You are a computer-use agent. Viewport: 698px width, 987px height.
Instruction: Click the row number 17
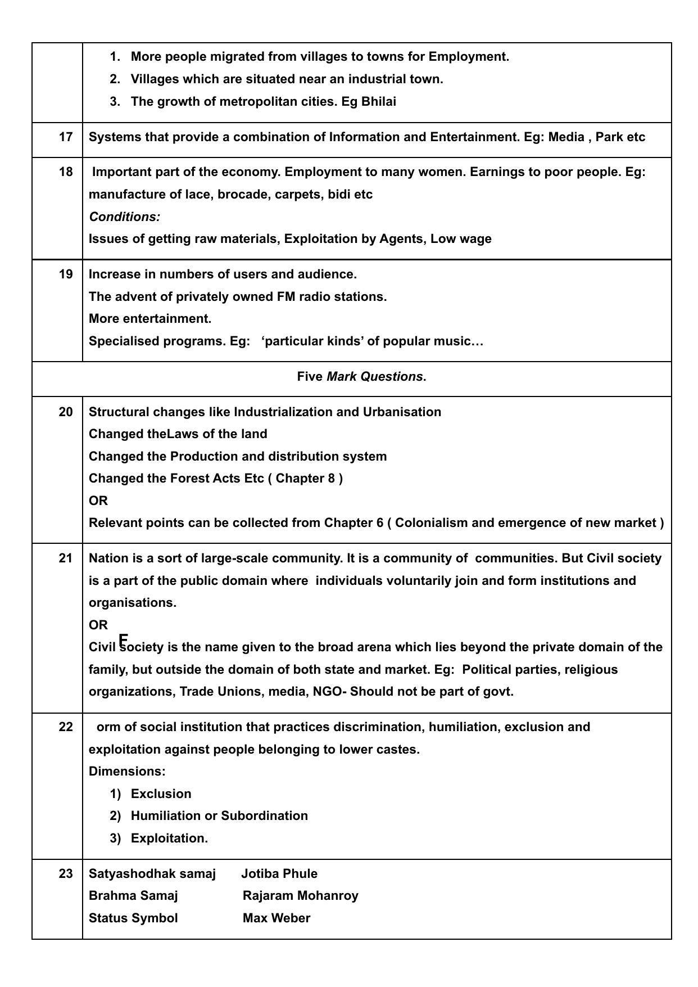point(66,137)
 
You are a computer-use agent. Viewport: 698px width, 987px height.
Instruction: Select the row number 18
point(66,172)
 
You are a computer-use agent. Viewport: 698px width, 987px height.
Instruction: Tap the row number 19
point(66,274)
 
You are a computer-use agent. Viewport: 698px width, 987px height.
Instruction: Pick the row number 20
point(66,412)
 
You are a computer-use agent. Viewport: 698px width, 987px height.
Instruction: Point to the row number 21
point(66,558)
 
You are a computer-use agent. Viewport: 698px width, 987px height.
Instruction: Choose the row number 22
point(66,727)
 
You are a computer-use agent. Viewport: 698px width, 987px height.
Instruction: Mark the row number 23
point(66,874)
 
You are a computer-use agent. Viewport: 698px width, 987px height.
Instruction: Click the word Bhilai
point(379,102)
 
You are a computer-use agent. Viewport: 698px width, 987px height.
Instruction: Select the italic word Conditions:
point(124,217)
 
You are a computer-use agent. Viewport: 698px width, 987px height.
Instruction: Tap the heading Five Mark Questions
point(361,377)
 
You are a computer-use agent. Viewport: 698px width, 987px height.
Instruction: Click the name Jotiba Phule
point(279,874)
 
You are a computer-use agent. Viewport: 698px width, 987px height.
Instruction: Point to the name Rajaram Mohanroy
point(300,896)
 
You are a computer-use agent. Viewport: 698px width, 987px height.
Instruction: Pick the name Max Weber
point(277,918)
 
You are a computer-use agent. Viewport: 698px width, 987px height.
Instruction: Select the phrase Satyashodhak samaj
point(152,874)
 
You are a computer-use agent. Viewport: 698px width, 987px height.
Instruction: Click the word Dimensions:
point(127,772)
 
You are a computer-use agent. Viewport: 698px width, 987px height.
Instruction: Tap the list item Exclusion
point(161,794)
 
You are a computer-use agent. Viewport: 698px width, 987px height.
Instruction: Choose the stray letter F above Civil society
point(124,640)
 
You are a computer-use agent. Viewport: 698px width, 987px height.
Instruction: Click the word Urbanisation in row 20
point(402,412)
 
